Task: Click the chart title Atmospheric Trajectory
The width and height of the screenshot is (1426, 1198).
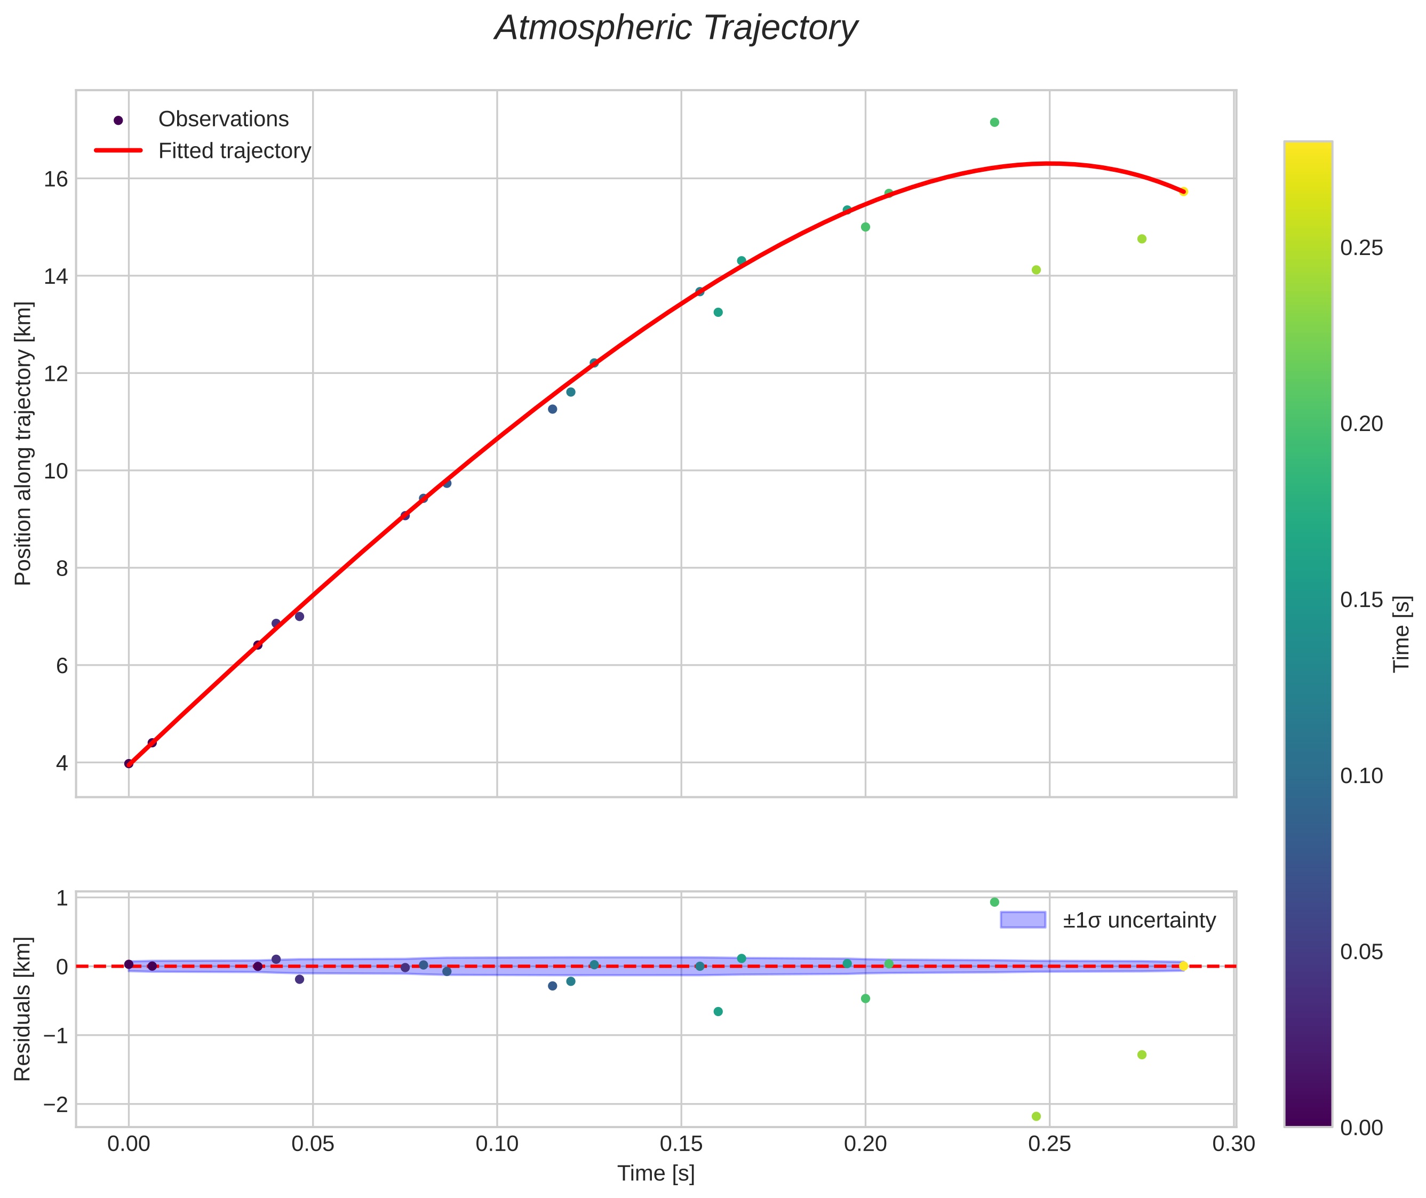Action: coord(676,28)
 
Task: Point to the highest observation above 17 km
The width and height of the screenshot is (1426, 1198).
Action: coord(994,122)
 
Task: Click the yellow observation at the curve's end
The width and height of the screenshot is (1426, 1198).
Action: coord(1183,191)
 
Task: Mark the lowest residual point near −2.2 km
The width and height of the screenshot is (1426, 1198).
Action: coord(1036,1116)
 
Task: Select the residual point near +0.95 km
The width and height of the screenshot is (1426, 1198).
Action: coord(994,902)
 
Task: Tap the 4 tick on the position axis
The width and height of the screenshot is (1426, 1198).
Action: coord(62,763)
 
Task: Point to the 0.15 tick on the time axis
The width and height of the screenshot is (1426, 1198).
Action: coord(681,1144)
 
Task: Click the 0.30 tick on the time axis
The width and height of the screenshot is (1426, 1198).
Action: coord(1234,1144)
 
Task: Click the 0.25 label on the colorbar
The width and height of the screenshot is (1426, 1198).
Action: coord(1361,249)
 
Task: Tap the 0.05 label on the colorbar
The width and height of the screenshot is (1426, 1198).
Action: coord(1361,952)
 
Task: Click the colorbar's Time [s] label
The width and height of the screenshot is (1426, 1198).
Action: coord(1401,634)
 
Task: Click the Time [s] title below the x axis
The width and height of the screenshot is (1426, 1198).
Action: coord(656,1173)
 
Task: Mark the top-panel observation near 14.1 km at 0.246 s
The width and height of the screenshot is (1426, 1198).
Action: coord(1036,269)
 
